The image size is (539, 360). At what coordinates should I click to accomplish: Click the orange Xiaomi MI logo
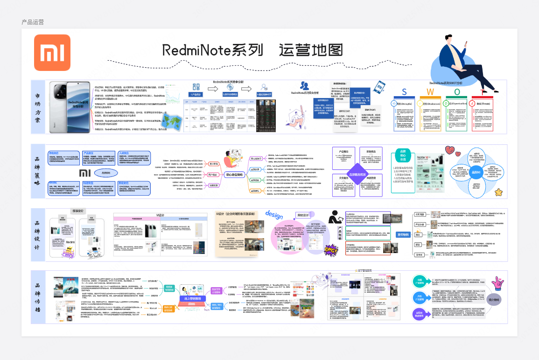click(x=52, y=52)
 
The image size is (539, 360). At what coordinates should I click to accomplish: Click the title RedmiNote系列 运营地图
click(x=252, y=50)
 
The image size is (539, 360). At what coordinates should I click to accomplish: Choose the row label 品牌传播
click(x=37, y=297)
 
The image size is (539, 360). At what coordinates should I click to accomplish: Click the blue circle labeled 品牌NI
click(x=475, y=172)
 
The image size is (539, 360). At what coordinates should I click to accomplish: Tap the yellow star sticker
click(x=498, y=192)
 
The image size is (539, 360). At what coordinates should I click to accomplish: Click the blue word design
click(x=275, y=214)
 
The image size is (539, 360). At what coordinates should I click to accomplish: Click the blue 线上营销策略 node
click(x=192, y=298)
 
